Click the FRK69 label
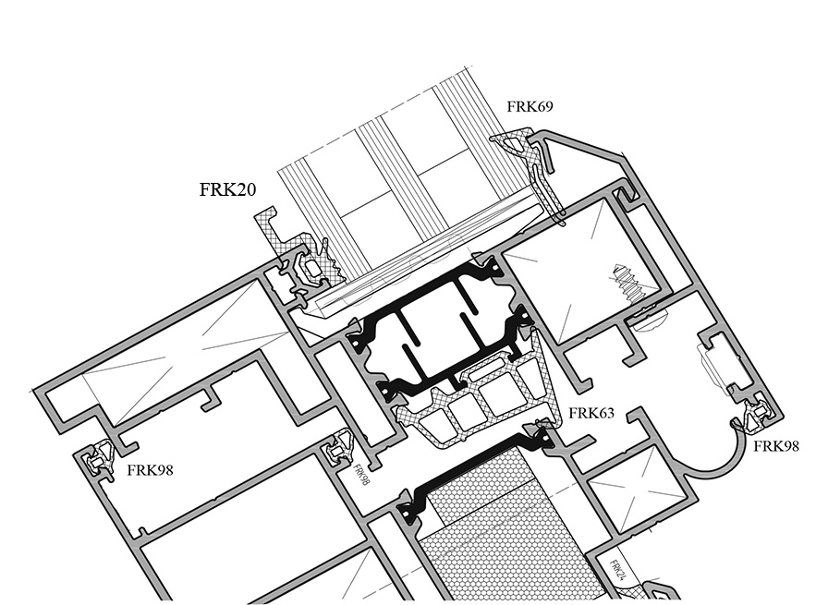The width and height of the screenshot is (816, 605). tap(530, 107)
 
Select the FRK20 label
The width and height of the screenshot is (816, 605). tap(227, 190)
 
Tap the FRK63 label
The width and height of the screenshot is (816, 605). tap(591, 413)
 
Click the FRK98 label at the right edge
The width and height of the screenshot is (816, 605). tap(776, 446)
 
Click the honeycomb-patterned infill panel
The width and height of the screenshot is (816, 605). tap(499, 536)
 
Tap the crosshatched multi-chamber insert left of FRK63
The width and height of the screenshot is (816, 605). tap(471, 406)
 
